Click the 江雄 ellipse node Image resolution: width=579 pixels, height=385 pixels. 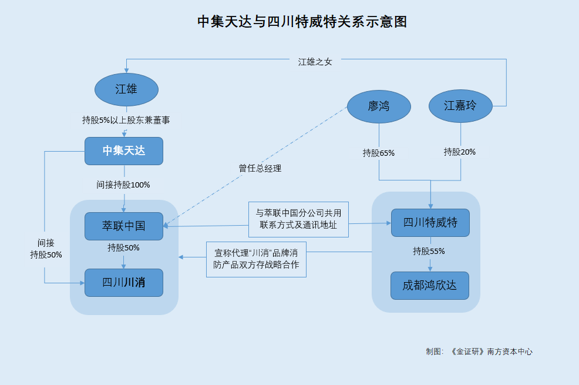127,89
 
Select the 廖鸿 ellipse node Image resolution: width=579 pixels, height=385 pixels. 379,106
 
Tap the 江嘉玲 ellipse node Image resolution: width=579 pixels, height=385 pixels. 460,106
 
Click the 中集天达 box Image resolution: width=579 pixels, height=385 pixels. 124,151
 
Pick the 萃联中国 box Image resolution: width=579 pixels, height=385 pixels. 124,226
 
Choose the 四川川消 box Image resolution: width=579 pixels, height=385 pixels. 124,283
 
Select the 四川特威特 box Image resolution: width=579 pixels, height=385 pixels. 430,223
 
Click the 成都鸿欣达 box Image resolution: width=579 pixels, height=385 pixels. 430,286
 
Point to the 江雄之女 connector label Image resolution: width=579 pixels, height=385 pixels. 315,62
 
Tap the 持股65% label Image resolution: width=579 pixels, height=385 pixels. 379,153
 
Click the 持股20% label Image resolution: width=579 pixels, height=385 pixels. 460,152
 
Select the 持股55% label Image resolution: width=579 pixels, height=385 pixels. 429,251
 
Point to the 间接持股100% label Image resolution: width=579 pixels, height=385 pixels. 123,185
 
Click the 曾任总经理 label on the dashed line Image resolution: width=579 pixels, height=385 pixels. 260,169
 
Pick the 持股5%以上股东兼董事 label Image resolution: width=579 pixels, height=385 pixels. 126,120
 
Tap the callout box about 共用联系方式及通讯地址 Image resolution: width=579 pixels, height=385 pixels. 298,219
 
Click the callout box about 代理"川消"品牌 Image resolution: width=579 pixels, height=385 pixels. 256,259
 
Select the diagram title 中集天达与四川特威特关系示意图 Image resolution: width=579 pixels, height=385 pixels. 302,22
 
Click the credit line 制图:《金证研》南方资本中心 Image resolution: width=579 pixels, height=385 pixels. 479,351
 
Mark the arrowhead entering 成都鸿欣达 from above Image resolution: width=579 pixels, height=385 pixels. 430,269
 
